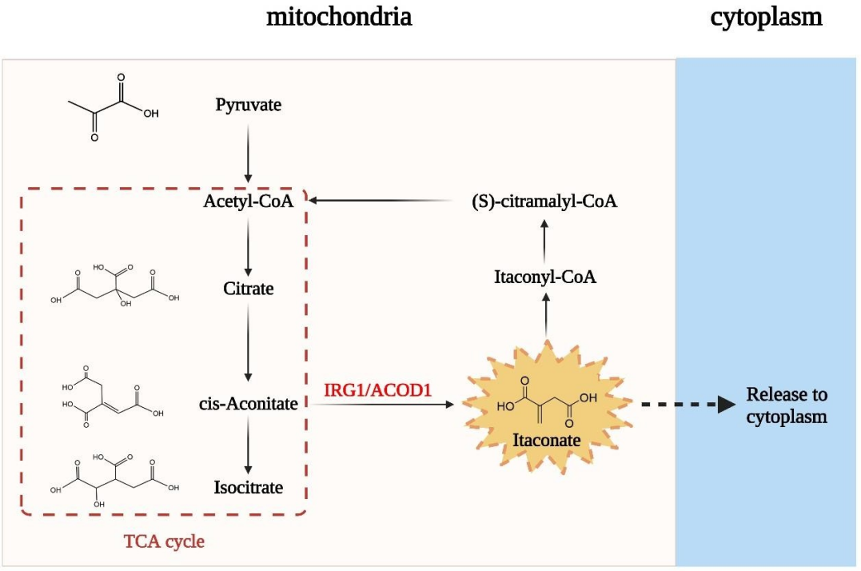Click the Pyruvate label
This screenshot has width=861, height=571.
pyautogui.click(x=248, y=105)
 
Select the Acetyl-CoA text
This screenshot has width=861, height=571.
pyautogui.click(x=248, y=201)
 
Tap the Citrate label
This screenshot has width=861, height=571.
pyautogui.click(x=248, y=288)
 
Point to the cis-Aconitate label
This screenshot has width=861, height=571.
pyautogui.click(x=248, y=404)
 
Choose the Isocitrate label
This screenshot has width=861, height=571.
pyautogui.click(x=248, y=487)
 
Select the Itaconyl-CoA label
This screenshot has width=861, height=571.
pyautogui.click(x=545, y=278)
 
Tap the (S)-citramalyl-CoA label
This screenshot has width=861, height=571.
pyautogui.click(x=544, y=201)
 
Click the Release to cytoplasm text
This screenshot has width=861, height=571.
pyautogui.click(x=787, y=405)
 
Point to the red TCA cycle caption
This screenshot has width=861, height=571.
pyautogui.click(x=164, y=541)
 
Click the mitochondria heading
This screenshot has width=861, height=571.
pyautogui.click(x=339, y=17)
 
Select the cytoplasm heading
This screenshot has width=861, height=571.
pyautogui.click(x=766, y=17)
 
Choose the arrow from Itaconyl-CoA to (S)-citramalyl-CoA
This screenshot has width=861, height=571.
pyautogui.click(x=545, y=238)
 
